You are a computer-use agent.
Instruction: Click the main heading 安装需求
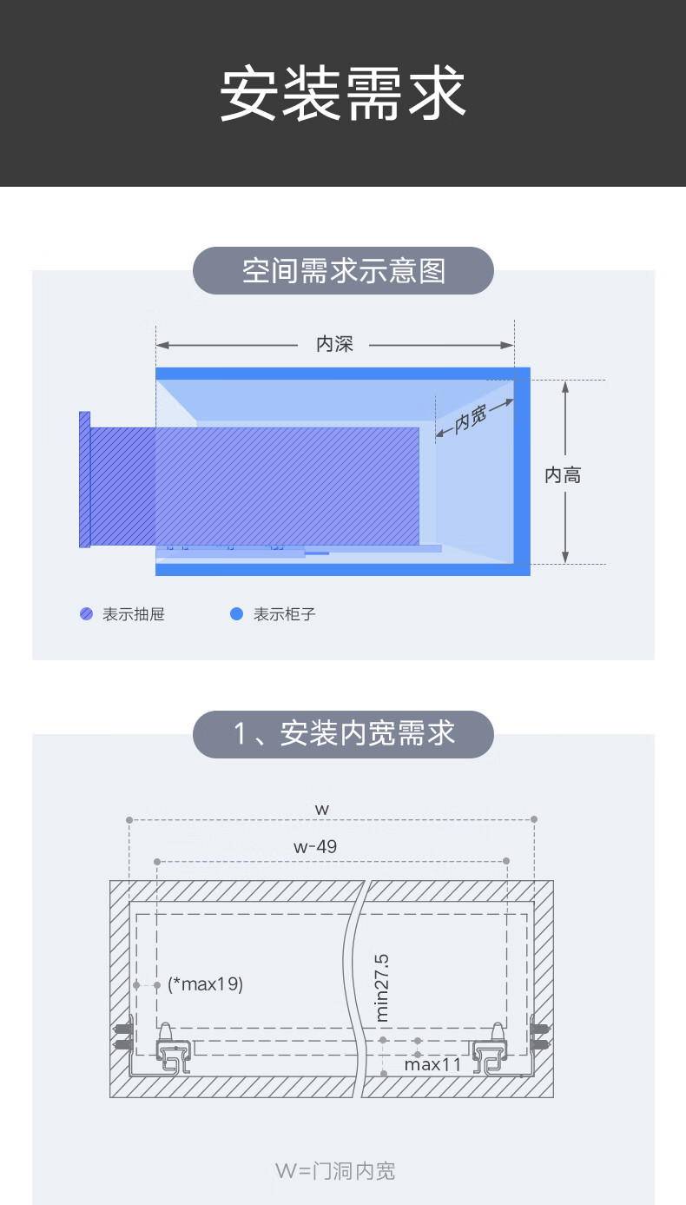tap(343, 94)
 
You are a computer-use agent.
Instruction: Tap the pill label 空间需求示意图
tap(343, 271)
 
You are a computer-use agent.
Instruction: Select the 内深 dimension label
tap(334, 345)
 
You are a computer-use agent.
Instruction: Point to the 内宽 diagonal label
tap(471, 420)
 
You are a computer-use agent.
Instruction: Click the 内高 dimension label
tap(563, 475)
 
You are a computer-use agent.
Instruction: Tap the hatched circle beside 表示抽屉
tap(87, 614)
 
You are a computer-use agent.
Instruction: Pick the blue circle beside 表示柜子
tap(236, 614)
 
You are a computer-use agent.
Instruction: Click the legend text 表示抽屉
tap(134, 615)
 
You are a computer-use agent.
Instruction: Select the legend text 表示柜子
tap(285, 615)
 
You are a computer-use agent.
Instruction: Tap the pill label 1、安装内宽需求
tap(343, 734)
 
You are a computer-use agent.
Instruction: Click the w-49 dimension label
tap(315, 846)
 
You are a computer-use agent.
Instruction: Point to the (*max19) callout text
tap(206, 985)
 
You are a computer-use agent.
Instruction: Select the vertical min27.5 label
tap(383, 987)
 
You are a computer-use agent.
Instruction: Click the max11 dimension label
tap(432, 1063)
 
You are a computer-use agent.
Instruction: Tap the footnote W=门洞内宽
tap(335, 1171)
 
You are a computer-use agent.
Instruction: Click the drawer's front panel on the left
tap(84, 480)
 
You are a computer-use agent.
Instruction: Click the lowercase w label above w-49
tap(322, 809)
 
